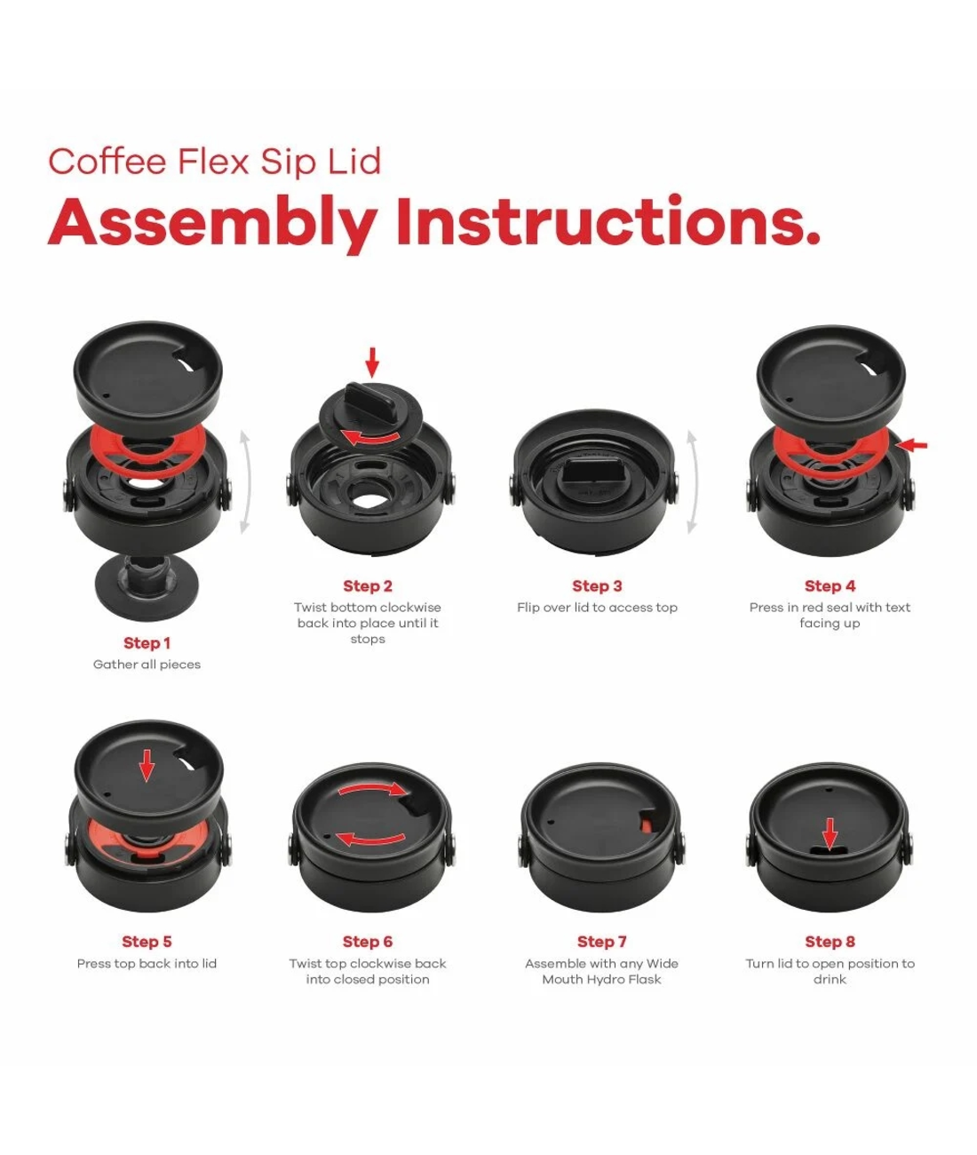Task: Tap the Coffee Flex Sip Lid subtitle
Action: (x=214, y=162)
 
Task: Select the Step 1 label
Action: (x=147, y=642)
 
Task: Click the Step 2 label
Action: (x=367, y=585)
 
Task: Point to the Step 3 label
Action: (x=597, y=585)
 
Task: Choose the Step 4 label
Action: (x=830, y=585)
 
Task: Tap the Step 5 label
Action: (x=147, y=941)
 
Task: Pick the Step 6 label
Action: (x=367, y=941)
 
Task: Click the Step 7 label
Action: (x=601, y=941)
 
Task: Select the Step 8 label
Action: (x=830, y=941)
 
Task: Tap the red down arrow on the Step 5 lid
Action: (x=147, y=764)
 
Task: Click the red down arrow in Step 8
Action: (x=830, y=833)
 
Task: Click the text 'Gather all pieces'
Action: (x=147, y=665)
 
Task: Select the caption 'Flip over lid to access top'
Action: (x=597, y=608)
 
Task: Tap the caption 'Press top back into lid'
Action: (x=147, y=963)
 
